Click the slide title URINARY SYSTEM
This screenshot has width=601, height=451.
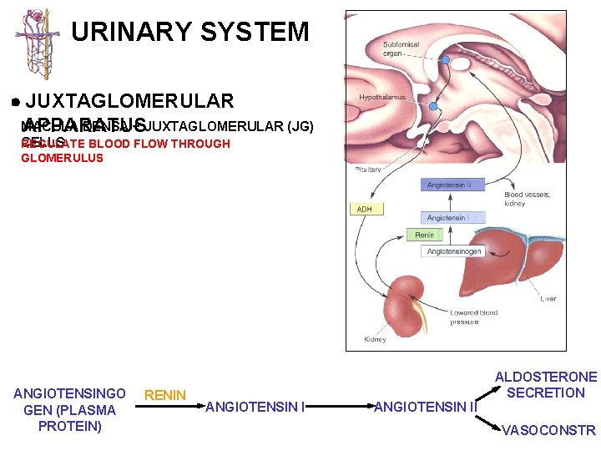[x=190, y=33]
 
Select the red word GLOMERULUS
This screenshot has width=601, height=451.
[x=63, y=158]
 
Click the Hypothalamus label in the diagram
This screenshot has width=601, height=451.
[x=381, y=98]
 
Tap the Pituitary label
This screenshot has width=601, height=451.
[x=368, y=170]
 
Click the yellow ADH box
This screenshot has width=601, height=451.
[x=365, y=209]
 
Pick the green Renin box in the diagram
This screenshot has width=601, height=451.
[x=425, y=236]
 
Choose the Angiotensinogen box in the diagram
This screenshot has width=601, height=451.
[x=454, y=251]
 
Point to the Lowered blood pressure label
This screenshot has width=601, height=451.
[x=473, y=317]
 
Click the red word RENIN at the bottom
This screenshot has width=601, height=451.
[x=165, y=395]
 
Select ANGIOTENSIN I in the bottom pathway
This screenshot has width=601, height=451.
[x=255, y=408]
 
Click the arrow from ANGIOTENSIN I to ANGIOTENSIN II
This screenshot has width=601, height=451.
[x=341, y=408]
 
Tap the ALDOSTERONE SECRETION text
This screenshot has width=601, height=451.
[x=547, y=385]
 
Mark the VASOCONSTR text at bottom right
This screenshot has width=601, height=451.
[x=548, y=431]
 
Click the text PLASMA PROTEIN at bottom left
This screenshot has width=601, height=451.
[x=70, y=418]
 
